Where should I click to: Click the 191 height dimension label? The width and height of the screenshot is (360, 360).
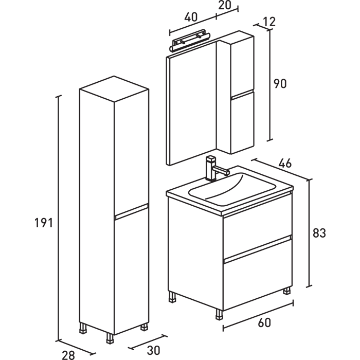[x=44, y=223]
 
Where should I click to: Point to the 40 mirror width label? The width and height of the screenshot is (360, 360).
[x=190, y=16]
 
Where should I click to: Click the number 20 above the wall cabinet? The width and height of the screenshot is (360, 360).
[x=225, y=6]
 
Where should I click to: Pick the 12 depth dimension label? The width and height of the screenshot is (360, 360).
[x=268, y=22]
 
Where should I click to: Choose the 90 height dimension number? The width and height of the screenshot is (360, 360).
[x=279, y=83]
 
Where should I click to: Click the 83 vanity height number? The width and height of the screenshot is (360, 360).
[x=319, y=233]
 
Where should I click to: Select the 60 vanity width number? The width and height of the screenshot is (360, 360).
[x=263, y=323]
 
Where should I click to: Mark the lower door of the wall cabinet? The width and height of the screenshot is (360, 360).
[x=242, y=122]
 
